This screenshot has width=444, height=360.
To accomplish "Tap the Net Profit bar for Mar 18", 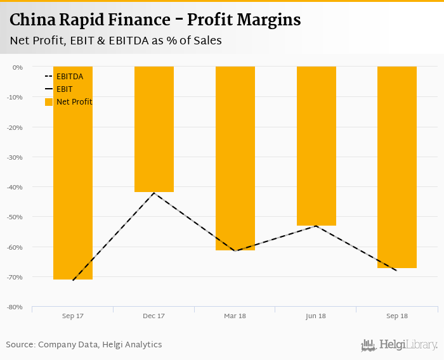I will (x=235, y=158).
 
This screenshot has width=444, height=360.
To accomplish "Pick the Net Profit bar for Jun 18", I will (x=316, y=146).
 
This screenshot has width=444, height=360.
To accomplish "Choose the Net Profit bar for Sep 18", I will (x=397, y=167).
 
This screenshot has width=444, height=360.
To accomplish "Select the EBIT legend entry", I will (x=64, y=89).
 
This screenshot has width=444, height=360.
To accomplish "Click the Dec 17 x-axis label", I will (x=154, y=316).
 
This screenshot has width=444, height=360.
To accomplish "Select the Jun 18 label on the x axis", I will (x=316, y=316).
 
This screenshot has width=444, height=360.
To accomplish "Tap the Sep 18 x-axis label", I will (x=397, y=316).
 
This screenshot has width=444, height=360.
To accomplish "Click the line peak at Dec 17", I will (x=154, y=193).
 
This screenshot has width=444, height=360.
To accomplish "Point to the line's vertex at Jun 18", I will (x=316, y=226).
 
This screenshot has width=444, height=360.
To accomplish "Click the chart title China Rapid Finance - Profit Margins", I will (x=155, y=20).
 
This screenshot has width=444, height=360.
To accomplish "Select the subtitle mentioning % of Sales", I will (x=115, y=41).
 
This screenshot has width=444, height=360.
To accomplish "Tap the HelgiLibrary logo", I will (x=400, y=345).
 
